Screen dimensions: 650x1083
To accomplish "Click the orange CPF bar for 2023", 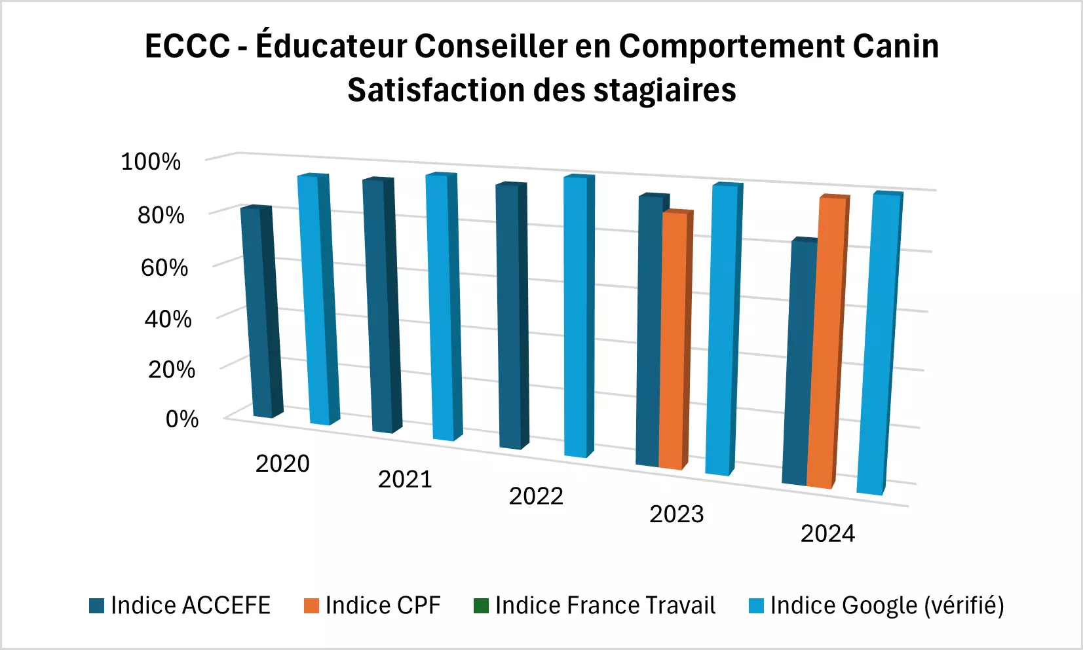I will [673, 341].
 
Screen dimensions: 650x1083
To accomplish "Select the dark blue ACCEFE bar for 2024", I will [801, 364].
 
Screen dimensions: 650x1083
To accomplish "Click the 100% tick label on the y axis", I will [151, 161].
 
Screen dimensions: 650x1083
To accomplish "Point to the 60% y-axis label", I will [164, 267].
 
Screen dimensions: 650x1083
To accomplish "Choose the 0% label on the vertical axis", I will [182, 419].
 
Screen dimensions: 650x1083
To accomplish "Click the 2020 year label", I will [282, 463].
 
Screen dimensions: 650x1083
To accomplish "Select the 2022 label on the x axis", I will [536, 496].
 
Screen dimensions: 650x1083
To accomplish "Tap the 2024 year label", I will [827, 534].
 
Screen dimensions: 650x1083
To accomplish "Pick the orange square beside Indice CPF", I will [311, 605].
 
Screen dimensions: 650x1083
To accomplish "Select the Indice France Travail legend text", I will [605, 605].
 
